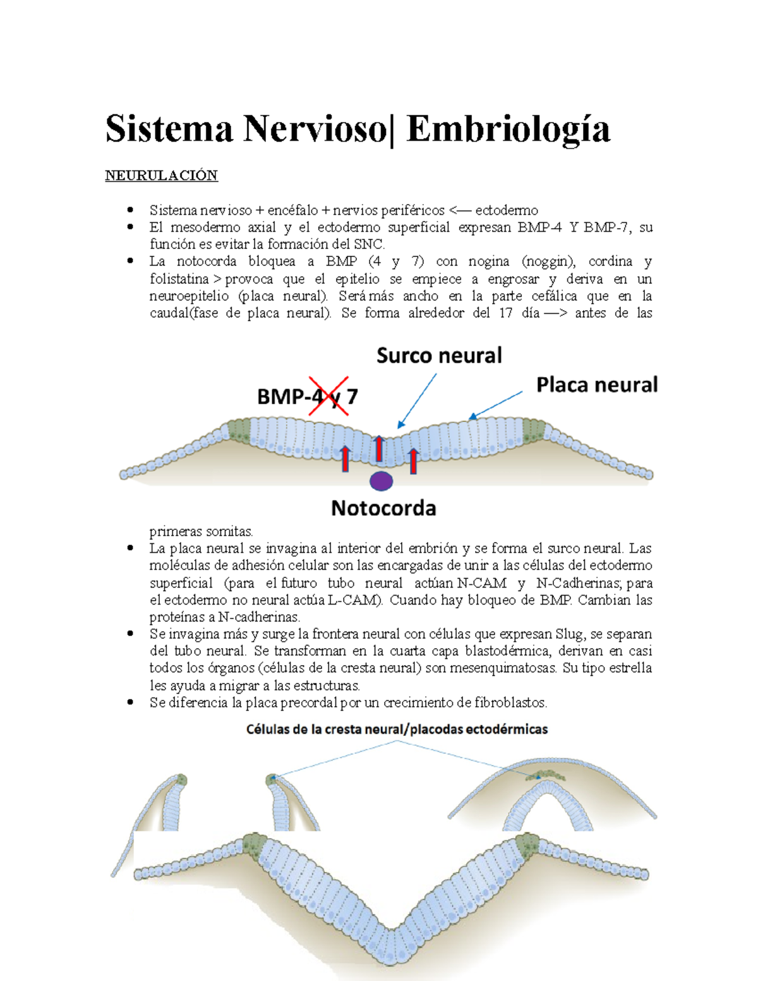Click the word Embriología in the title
tap(508, 129)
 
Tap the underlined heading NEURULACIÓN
tap(161, 176)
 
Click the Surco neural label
tap(439, 356)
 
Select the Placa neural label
tap(596, 385)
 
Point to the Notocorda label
tap(383, 508)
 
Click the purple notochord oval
tap(381, 481)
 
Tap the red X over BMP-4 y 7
tap(328, 396)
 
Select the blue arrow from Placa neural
tap(496, 404)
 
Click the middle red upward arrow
tap(378, 448)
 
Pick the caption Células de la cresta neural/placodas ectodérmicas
tap(397, 730)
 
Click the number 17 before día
tap(505, 313)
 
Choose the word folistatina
tap(179, 279)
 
